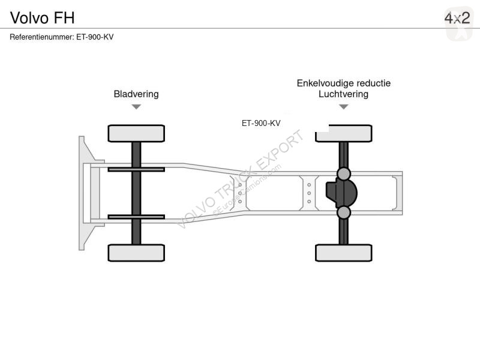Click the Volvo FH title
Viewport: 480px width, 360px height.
(42, 18)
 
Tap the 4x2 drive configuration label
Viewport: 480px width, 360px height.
(457, 18)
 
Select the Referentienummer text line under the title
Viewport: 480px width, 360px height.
(62, 37)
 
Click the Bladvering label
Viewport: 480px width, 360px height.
(136, 94)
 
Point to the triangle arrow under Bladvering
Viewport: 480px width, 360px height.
(136, 107)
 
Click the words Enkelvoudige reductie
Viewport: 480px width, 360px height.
(343, 83)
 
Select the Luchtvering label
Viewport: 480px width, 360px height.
(343, 94)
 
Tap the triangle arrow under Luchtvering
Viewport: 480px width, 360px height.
(344, 107)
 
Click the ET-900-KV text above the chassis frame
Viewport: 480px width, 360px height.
(261, 123)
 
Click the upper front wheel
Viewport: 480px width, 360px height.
(136, 133)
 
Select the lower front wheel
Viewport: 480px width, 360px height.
(136, 253)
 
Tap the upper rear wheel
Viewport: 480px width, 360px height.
(344, 134)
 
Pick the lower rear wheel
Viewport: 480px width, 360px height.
(344, 253)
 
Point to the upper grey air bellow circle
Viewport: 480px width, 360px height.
(344, 174)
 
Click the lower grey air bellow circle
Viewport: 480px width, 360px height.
(344, 212)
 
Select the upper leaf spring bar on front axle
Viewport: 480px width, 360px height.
(136, 169)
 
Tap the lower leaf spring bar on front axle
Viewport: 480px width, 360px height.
(136, 217)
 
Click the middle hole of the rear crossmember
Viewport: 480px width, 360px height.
(309, 193)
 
